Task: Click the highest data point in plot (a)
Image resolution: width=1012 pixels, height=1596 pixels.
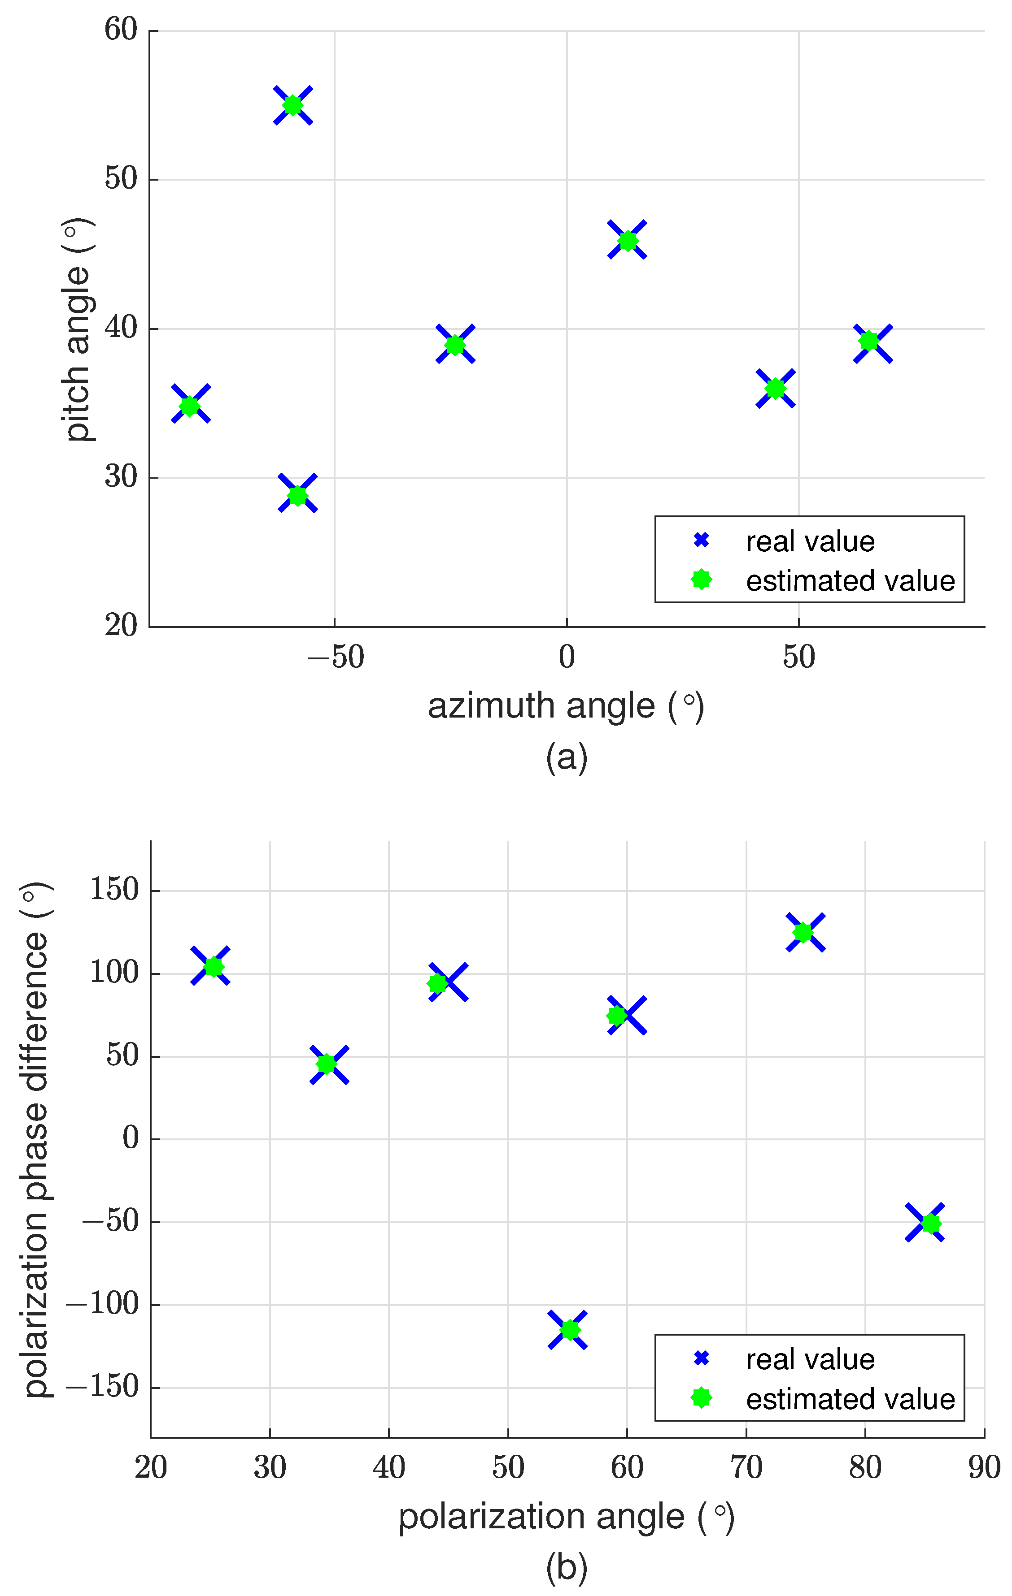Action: (x=292, y=105)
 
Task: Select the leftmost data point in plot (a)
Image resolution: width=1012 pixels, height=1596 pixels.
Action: (x=190, y=404)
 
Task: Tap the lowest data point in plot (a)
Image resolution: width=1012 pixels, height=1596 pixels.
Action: (x=298, y=494)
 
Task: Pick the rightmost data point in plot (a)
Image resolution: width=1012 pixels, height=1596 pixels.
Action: (x=872, y=343)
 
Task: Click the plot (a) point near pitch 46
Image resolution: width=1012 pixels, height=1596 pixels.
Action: (x=628, y=240)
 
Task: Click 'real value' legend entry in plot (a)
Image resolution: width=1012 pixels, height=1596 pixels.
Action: (x=809, y=541)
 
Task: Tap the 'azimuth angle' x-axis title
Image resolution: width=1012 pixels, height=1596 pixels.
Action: (x=566, y=706)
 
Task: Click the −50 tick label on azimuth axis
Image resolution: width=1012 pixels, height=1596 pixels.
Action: (x=336, y=657)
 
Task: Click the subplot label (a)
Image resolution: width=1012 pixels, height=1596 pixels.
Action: (x=567, y=756)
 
